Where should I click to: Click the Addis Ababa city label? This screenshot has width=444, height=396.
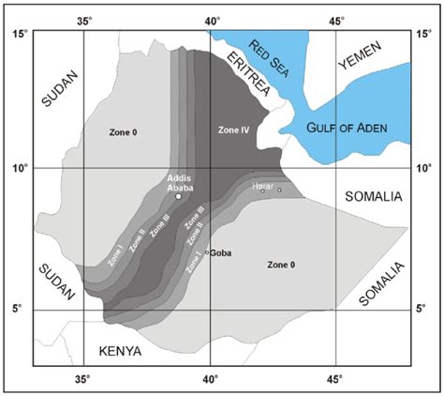[179, 182]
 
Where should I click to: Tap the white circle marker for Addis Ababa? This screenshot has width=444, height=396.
[179, 196]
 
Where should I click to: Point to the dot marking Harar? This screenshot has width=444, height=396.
[278, 190]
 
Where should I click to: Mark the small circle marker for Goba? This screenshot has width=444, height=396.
[207, 251]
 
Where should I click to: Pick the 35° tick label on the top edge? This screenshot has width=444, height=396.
[84, 20]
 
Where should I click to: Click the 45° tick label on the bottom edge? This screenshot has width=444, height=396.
[335, 380]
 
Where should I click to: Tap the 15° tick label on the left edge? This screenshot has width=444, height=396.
[18, 35]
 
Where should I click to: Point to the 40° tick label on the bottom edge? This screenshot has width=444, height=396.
[210, 380]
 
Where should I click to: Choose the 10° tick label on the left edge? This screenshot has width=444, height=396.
[18, 168]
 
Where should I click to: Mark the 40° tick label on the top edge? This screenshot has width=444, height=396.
[210, 20]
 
